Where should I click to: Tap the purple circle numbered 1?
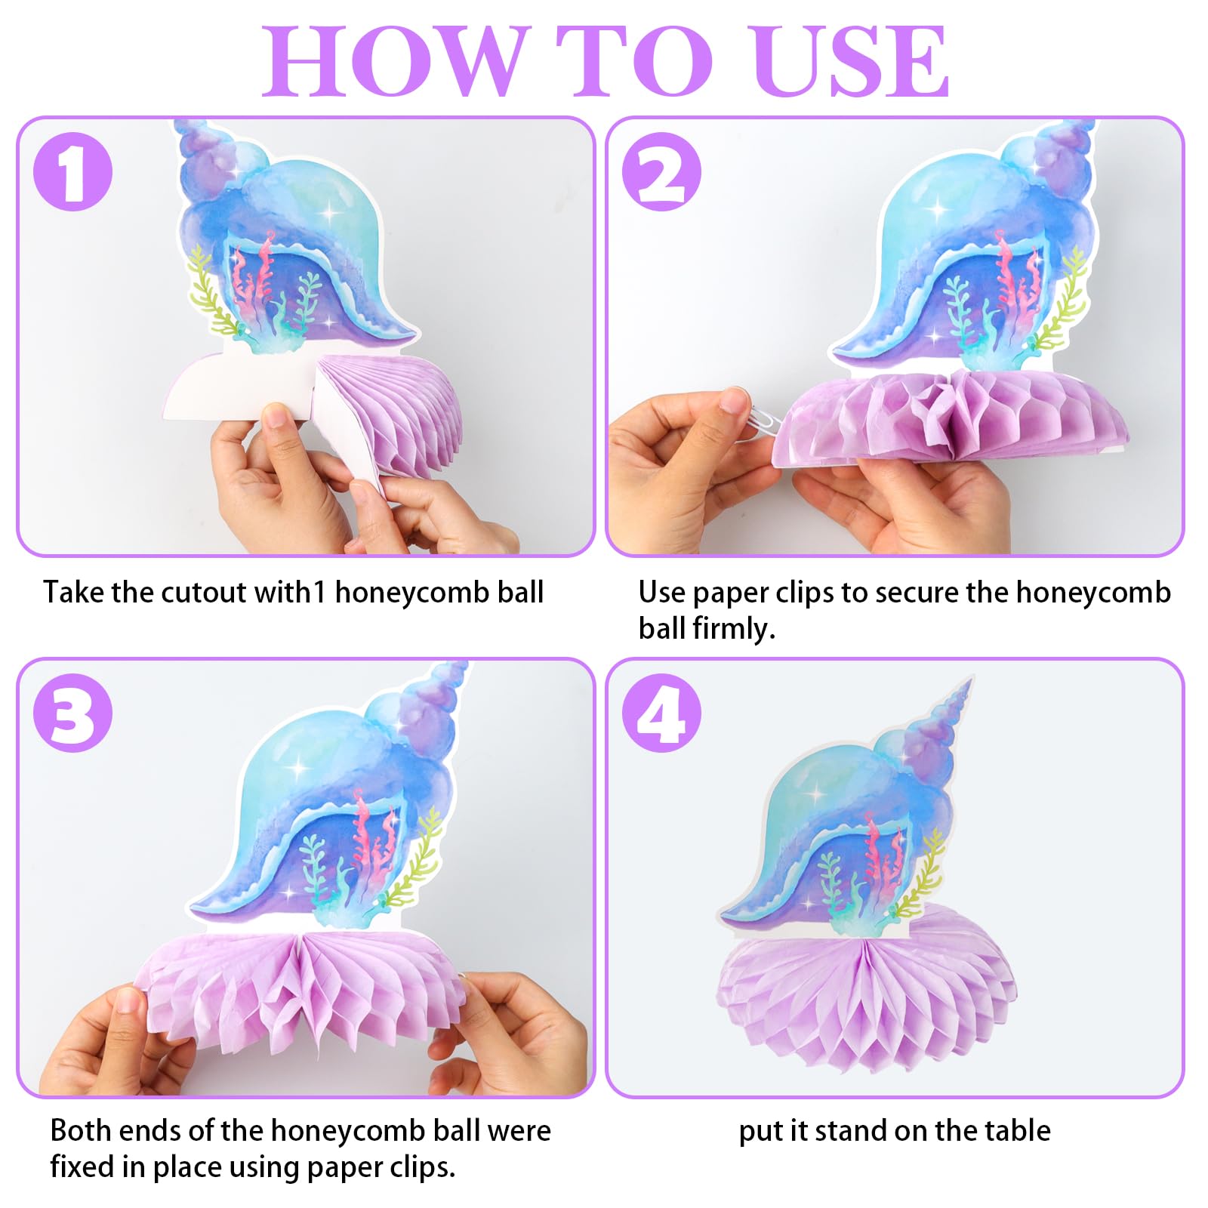(73, 171)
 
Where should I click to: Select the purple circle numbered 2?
(662, 171)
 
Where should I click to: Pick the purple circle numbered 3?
(73, 712)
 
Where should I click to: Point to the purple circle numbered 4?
(662, 712)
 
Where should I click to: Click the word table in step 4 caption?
(1017, 1130)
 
